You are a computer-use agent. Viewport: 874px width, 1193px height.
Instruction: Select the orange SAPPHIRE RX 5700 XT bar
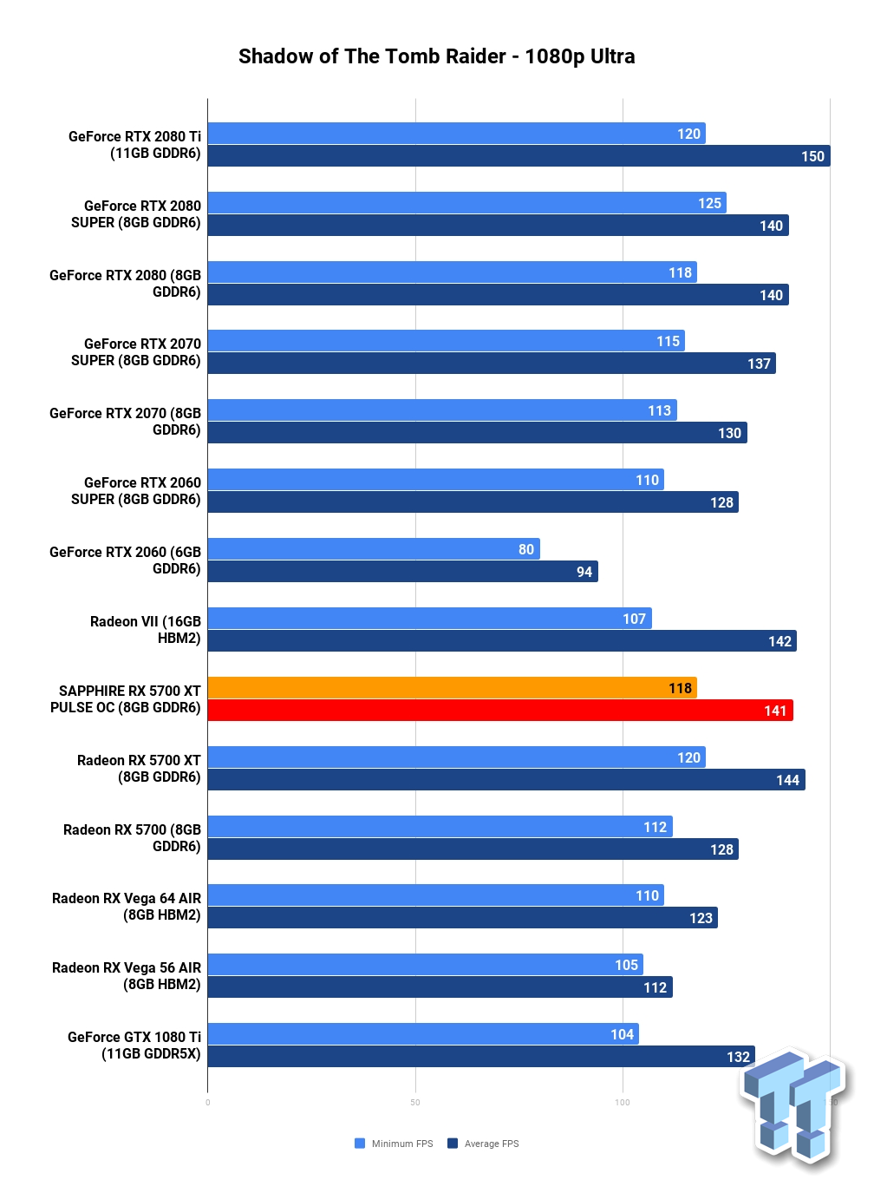[452, 687]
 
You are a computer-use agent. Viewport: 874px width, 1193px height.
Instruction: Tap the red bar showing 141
[500, 710]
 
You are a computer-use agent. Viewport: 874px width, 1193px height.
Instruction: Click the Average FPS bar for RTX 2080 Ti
[519, 155]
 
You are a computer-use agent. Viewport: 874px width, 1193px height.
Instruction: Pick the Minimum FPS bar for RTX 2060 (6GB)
[374, 548]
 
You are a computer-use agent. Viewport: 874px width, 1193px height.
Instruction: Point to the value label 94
[584, 572]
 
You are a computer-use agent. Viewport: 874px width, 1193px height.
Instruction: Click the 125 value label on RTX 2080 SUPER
[709, 203]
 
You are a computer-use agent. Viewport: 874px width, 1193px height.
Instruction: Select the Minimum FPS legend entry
[394, 1144]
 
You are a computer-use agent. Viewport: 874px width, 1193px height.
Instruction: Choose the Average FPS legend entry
[483, 1144]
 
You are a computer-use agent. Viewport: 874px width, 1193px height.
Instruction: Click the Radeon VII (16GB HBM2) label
[146, 630]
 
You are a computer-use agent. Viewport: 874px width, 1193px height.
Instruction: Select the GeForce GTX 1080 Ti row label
[134, 1045]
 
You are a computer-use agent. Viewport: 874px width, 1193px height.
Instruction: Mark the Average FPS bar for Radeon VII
[502, 640]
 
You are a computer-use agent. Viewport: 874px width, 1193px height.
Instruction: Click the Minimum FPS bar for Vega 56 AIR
[425, 964]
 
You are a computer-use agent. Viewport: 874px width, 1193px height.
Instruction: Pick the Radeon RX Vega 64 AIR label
[126, 907]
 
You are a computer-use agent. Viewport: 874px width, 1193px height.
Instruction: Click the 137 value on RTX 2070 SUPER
[759, 364]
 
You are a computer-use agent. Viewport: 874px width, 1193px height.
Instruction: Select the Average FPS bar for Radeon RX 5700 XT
[506, 779]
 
